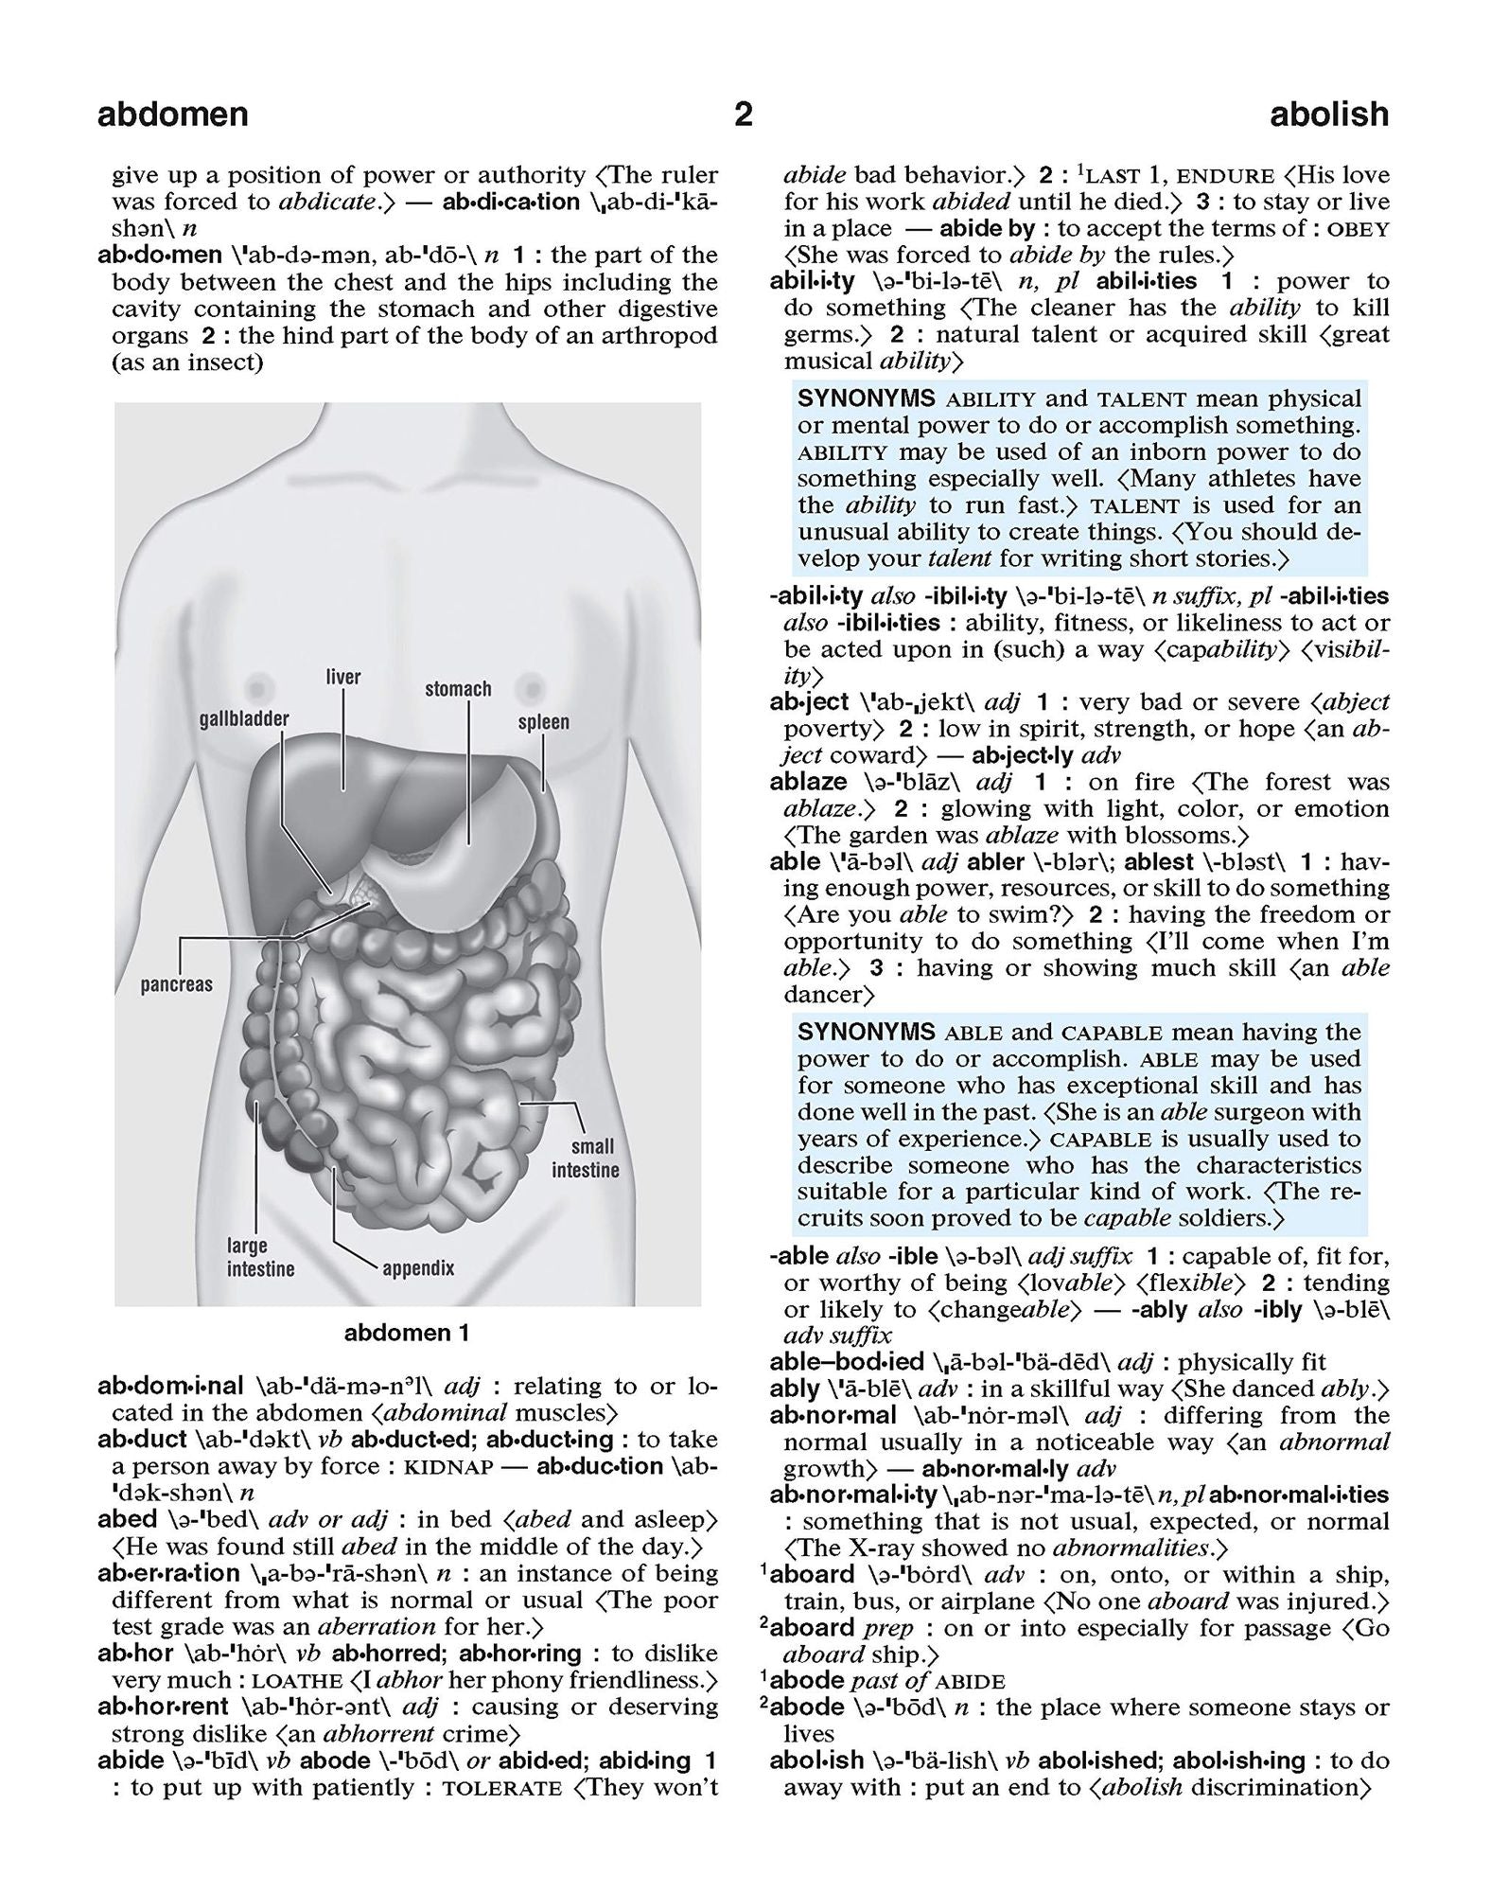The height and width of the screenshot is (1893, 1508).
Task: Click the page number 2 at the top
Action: (x=744, y=115)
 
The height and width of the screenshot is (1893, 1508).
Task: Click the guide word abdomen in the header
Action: (x=172, y=115)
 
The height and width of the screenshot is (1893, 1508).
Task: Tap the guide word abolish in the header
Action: (x=1328, y=115)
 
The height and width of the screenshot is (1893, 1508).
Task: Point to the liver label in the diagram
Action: (x=342, y=677)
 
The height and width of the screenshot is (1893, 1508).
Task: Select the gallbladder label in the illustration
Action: (x=244, y=718)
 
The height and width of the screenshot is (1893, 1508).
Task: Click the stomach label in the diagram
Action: (x=458, y=689)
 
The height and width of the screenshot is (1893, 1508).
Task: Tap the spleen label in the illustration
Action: (x=543, y=722)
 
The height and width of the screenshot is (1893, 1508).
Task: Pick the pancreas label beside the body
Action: (x=177, y=984)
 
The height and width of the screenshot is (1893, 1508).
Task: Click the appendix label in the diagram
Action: (x=418, y=1268)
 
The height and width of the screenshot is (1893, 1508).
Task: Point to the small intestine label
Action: (x=585, y=1159)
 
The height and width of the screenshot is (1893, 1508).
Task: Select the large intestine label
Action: (x=260, y=1257)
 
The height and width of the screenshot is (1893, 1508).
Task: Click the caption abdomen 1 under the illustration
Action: (x=407, y=1334)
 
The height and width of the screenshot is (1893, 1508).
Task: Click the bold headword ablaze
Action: (x=808, y=782)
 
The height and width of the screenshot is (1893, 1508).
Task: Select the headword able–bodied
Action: (x=847, y=1362)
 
